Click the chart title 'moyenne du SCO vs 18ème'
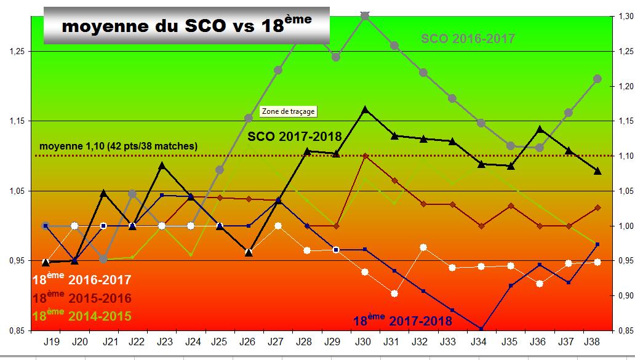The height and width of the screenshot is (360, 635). (x=186, y=26)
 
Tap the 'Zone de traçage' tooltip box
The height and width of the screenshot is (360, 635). (x=289, y=111)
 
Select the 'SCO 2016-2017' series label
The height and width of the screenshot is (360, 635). (x=468, y=39)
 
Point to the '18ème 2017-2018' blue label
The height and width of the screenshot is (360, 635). (x=402, y=320)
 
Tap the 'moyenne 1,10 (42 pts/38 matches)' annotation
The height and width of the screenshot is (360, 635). (x=118, y=146)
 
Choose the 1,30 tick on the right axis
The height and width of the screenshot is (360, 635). (x=623, y=17)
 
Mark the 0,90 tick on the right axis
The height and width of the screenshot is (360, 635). (x=623, y=296)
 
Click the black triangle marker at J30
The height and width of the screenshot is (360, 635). (x=365, y=110)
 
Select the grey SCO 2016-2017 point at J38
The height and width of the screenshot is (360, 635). (x=597, y=78)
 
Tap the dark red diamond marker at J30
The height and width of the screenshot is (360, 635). (x=365, y=156)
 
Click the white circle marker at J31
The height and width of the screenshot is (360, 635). (x=394, y=294)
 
